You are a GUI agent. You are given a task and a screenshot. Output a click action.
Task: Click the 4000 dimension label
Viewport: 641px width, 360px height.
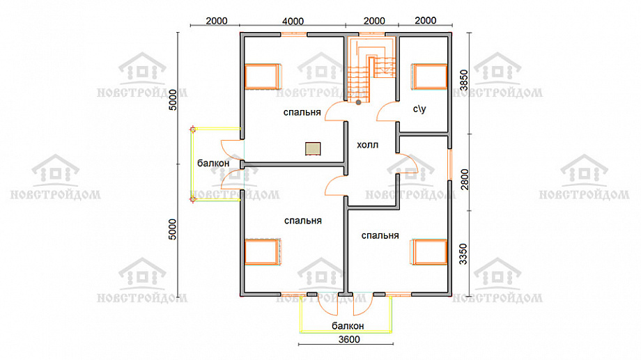pos(293,22)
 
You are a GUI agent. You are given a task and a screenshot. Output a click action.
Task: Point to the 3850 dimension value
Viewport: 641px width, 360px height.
pos(463,80)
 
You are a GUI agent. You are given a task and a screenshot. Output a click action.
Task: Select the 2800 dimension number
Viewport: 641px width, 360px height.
pos(465,180)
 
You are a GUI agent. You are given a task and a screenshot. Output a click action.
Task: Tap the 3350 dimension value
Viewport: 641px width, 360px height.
pos(463,253)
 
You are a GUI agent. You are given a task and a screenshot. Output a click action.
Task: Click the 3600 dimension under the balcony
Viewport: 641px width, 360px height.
pos(349,339)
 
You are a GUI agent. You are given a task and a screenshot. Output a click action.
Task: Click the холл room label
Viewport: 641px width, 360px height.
pos(367,145)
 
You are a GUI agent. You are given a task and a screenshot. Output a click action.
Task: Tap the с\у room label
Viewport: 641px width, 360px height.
pos(419,109)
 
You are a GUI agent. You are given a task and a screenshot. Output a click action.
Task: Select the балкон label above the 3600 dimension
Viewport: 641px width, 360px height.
pos(348,326)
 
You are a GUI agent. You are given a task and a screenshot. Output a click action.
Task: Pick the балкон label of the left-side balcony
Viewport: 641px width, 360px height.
pos(213,163)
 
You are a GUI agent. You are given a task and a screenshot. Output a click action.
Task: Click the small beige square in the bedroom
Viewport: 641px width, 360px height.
pos(313,149)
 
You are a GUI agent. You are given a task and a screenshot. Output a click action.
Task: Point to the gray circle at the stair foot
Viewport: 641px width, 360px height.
pos(359,102)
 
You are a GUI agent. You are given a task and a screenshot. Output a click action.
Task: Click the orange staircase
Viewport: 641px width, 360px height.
pos(371,69)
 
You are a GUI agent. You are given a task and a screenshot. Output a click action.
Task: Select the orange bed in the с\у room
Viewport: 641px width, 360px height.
pos(429,77)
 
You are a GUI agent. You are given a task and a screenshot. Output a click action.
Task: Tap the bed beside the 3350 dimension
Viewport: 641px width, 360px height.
pos(428,252)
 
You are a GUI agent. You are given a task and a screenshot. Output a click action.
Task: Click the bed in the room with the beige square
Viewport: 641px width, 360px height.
pos(263,77)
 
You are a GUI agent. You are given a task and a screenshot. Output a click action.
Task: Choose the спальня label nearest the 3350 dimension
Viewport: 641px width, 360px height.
pos(380,235)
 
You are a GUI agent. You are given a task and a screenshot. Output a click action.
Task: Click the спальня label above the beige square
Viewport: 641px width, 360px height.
pos(302,112)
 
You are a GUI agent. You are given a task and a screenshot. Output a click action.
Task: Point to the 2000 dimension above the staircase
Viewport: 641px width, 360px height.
pos(374,21)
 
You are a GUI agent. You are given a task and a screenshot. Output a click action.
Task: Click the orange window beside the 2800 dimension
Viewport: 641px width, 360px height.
pos(450,165)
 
